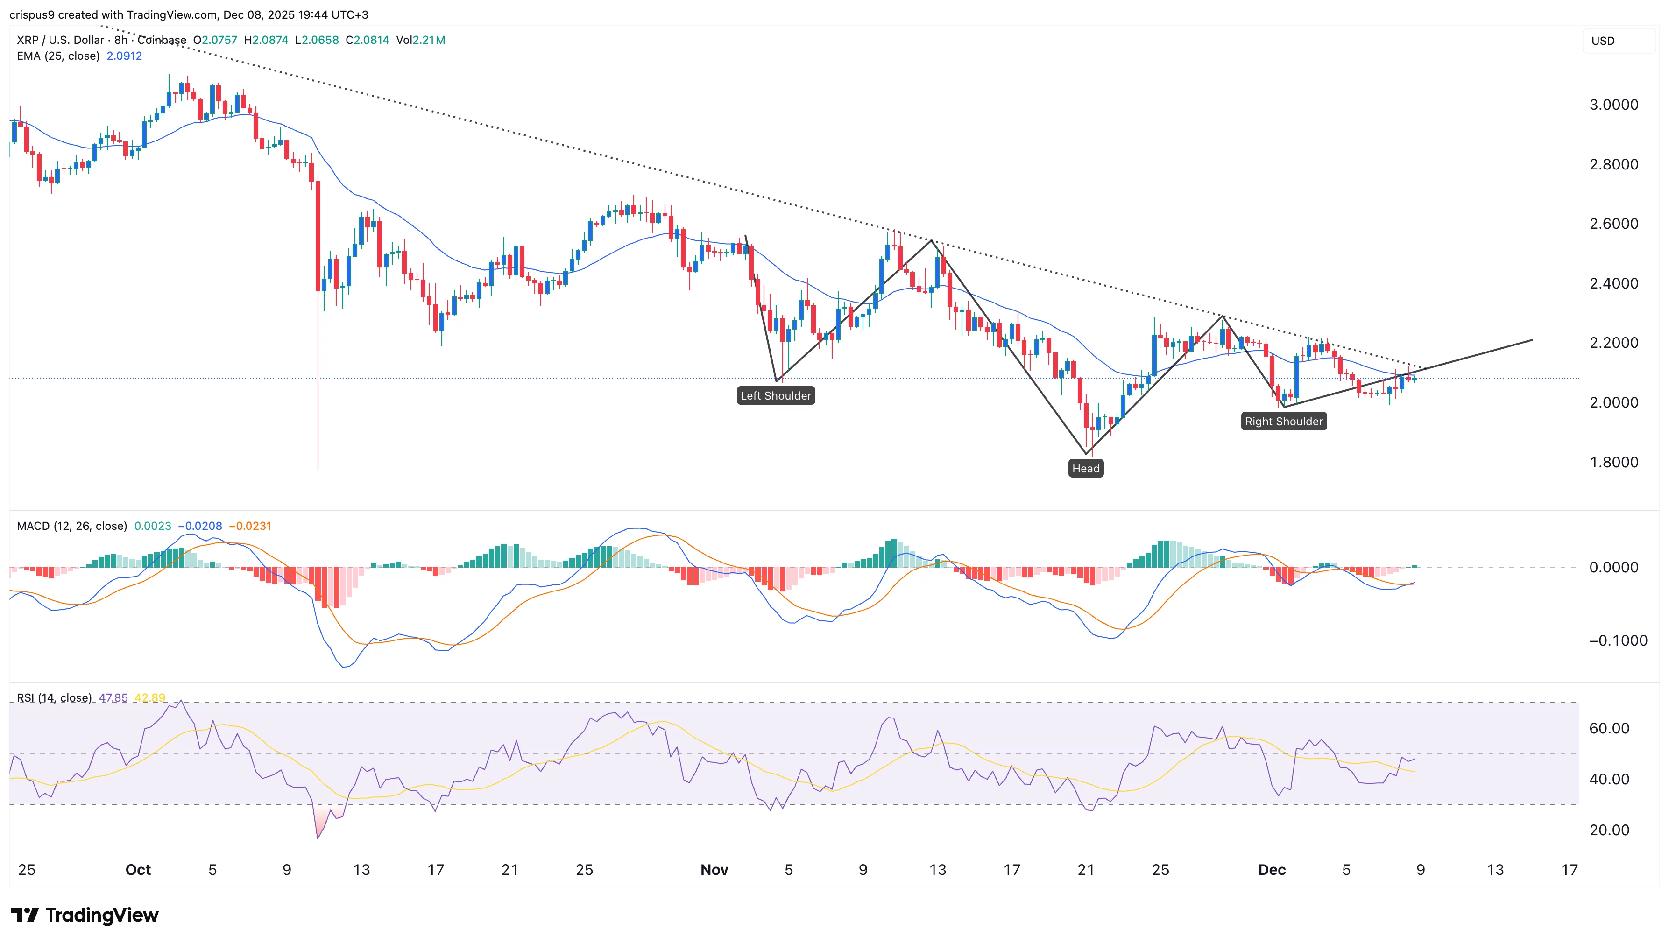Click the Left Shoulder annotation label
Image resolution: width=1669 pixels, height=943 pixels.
tap(776, 396)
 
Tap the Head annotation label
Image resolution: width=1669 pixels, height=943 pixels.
tap(1086, 469)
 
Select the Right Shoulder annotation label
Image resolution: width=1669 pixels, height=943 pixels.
tap(1283, 422)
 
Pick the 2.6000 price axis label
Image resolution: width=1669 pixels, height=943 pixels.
tap(1613, 224)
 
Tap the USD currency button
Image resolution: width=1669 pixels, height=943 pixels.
tap(1604, 41)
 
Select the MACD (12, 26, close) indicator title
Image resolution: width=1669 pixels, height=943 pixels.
tap(72, 526)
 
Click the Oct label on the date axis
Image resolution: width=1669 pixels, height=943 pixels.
tap(138, 870)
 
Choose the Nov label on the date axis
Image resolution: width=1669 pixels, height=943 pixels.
tap(714, 870)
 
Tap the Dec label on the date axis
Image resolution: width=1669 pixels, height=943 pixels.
tap(1271, 870)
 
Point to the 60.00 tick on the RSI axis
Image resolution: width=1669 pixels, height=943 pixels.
tap(1609, 729)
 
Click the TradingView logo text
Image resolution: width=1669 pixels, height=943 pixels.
tap(102, 915)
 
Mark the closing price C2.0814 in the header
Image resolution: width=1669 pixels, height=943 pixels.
tap(368, 40)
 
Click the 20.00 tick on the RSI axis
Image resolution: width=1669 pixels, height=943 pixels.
tap(1609, 830)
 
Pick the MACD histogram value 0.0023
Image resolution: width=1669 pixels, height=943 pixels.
tap(153, 526)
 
